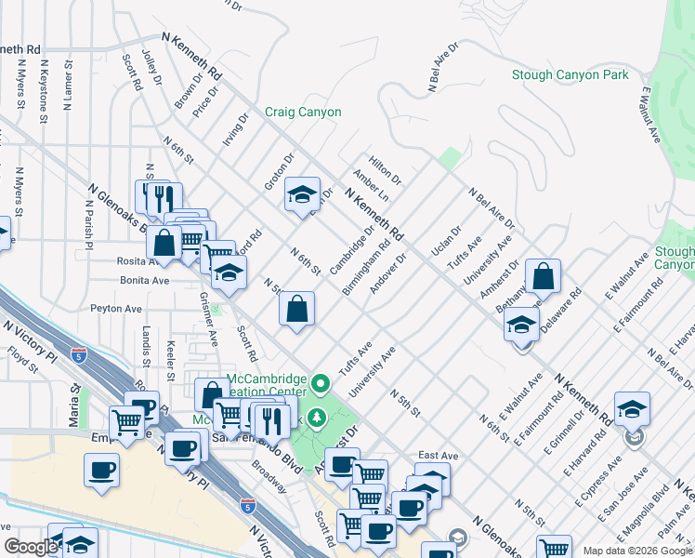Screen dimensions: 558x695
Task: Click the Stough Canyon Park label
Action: [570, 75]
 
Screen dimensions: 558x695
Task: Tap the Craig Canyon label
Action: [303, 113]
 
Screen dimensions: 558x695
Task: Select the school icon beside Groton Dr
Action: [301, 195]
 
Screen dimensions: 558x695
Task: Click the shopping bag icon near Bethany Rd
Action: [543, 277]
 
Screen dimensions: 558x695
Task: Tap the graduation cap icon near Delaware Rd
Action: [521, 325]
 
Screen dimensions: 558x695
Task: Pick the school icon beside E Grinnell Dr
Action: [632, 410]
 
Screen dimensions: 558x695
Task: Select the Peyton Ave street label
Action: [116, 308]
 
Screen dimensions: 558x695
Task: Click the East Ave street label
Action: [438, 456]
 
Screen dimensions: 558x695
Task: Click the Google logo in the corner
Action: [31, 547]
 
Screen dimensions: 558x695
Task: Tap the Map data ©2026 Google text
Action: [636, 551]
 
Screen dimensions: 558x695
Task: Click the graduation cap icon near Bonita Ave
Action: [229, 273]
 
